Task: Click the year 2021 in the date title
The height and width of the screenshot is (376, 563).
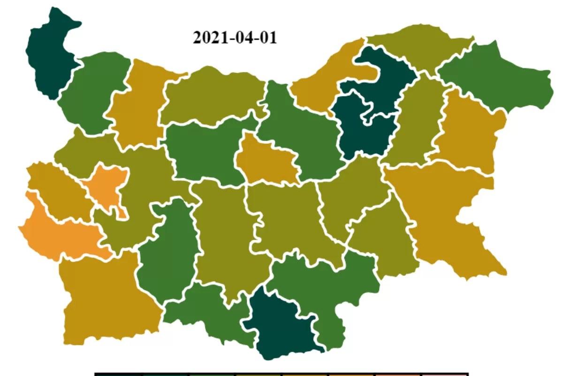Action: (x=208, y=38)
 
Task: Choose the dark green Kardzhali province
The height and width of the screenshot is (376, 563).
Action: (x=281, y=324)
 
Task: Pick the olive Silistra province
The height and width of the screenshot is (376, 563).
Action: (x=418, y=47)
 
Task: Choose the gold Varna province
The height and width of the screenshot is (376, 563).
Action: (x=469, y=132)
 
